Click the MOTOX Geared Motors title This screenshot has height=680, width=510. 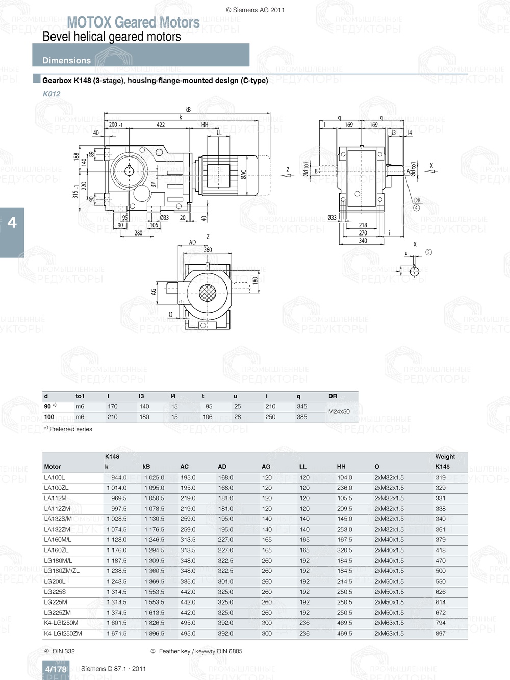(133, 22)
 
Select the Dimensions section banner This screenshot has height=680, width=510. (66, 60)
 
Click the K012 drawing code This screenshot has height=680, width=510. (52, 94)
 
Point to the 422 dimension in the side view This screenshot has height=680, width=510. (160, 125)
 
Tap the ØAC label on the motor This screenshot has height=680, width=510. (243, 175)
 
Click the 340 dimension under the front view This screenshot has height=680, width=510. (363, 241)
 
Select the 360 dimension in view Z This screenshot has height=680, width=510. (208, 250)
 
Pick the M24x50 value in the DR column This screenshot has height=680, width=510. (339, 411)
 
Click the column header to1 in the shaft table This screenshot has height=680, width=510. (80, 396)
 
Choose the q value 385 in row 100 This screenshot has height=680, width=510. (302, 417)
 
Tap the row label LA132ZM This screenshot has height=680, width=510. (57, 530)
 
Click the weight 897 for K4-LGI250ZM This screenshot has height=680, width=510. (440, 634)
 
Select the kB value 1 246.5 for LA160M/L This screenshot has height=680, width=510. (154, 540)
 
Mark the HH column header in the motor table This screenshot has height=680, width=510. (341, 467)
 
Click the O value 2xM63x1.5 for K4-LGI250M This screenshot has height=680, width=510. (389, 623)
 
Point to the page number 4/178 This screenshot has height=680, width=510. (56, 669)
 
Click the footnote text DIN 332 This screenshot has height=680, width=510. (63, 651)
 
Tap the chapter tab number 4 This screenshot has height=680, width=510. (12, 223)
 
